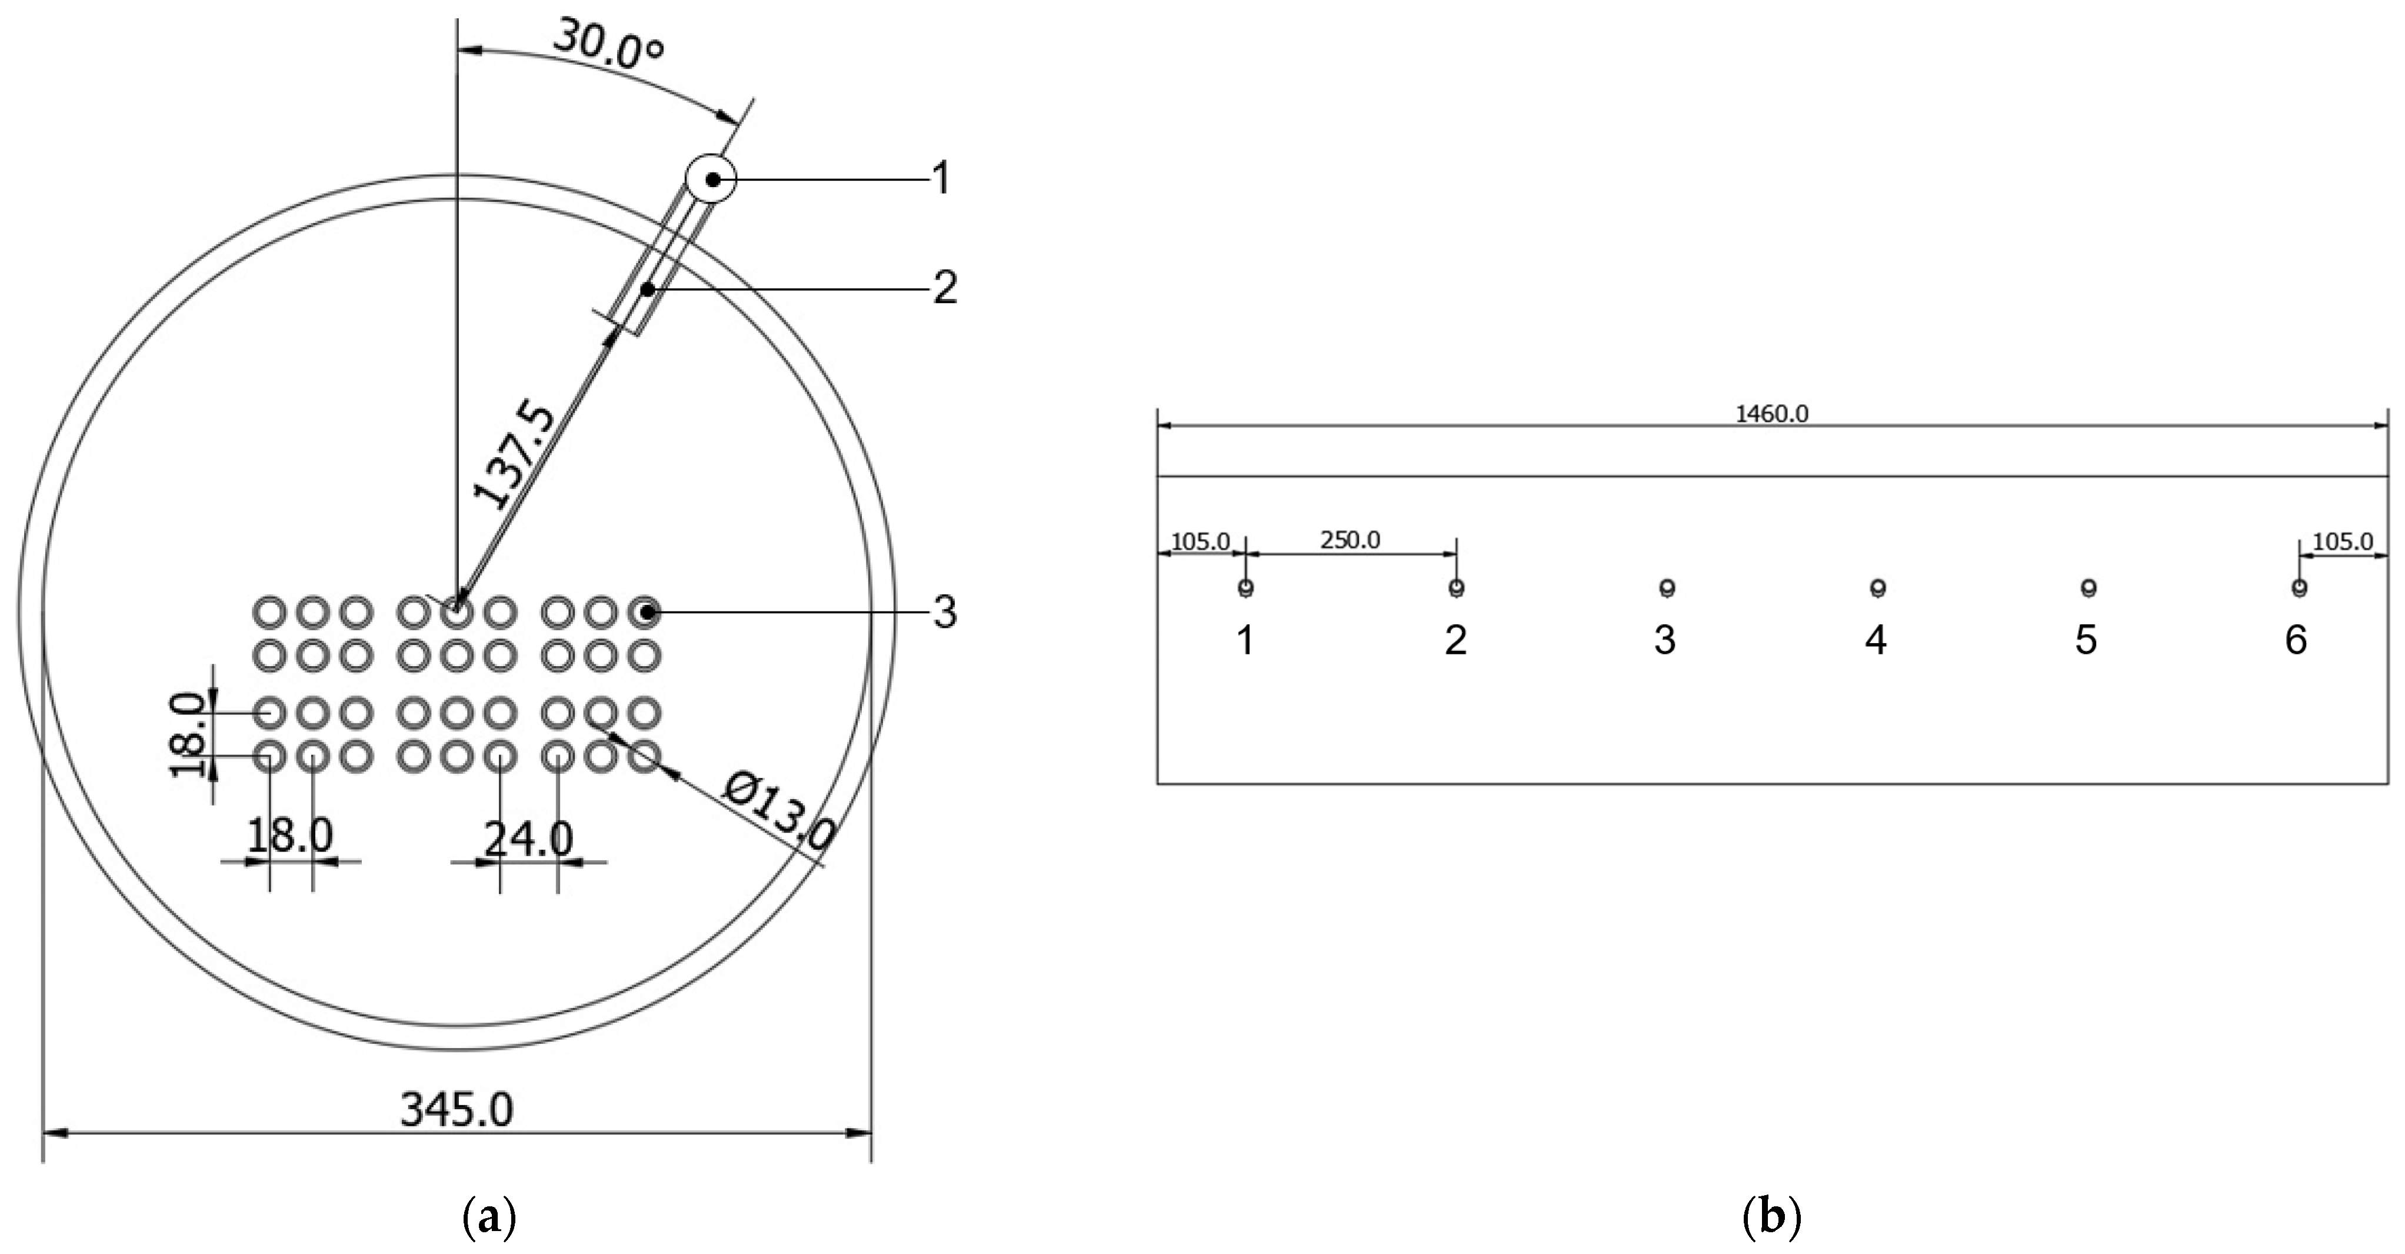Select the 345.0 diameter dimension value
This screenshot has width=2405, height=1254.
point(457,1109)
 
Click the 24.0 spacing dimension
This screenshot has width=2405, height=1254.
point(528,839)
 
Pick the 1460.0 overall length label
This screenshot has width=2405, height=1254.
point(1771,414)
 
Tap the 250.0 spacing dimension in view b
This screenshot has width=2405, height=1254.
point(1350,540)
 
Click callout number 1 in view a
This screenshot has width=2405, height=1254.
point(941,177)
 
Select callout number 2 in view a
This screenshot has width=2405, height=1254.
point(945,288)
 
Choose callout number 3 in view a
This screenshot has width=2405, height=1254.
point(945,613)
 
